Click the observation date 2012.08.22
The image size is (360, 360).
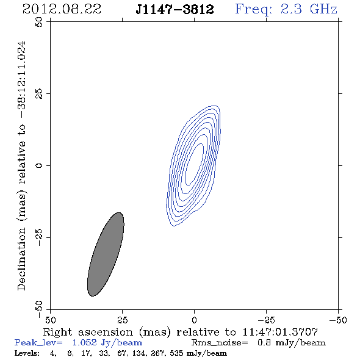point(62,9)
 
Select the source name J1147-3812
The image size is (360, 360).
point(175,9)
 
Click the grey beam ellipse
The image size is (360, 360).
point(106,254)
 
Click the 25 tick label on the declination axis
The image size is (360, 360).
point(39,94)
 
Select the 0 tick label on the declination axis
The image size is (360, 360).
point(39,165)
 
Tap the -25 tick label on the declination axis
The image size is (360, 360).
point(39,237)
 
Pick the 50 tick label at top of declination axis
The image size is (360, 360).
point(39,22)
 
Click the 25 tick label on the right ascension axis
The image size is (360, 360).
point(122,320)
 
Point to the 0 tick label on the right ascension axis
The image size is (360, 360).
point(194,320)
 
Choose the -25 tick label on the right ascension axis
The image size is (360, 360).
point(266,320)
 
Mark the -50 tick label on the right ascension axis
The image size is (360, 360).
point(338,320)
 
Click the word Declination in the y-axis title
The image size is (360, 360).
point(21,259)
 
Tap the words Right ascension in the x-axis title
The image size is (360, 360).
point(88,332)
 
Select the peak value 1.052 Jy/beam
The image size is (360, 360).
point(107,343)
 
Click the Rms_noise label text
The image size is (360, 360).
point(220,343)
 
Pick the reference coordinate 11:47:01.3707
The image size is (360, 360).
point(280,332)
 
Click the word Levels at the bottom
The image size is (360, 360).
point(27,353)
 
